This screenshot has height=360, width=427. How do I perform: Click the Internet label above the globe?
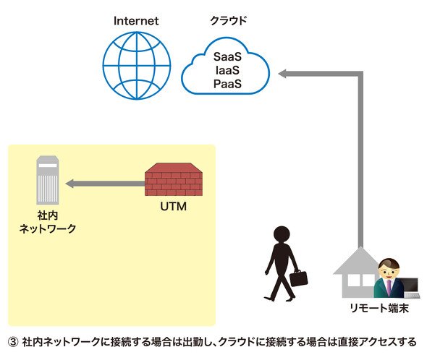[x=136, y=21]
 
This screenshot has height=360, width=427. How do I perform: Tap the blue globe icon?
[x=137, y=66]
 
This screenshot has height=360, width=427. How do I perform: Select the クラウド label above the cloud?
[x=229, y=21]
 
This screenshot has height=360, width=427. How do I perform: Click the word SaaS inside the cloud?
[x=227, y=57]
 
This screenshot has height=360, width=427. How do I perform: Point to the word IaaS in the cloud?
[x=227, y=70]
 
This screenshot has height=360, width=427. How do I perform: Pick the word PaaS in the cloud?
[x=227, y=84]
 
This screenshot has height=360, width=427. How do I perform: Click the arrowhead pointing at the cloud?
[x=282, y=74]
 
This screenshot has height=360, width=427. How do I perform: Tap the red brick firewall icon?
[x=174, y=179]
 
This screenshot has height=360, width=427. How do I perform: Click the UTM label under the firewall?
[x=174, y=207]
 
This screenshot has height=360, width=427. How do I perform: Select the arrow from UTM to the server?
[x=106, y=184]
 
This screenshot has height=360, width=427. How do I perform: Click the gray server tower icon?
[x=48, y=180]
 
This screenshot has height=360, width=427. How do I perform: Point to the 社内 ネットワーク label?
[x=48, y=222]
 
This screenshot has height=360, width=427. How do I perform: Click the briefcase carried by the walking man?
[x=298, y=278]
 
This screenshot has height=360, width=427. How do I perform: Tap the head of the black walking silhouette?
[x=282, y=234]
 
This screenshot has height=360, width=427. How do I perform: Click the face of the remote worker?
[x=389, y=270]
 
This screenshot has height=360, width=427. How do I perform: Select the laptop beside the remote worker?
[x=410, y=288]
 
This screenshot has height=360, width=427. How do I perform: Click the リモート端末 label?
[x=379, y=308]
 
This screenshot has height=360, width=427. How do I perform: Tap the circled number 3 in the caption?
[x=13, y=342]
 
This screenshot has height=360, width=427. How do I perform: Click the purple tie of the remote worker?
[x=389, y=287]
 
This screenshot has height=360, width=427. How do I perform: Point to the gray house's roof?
[x=360, y=261]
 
